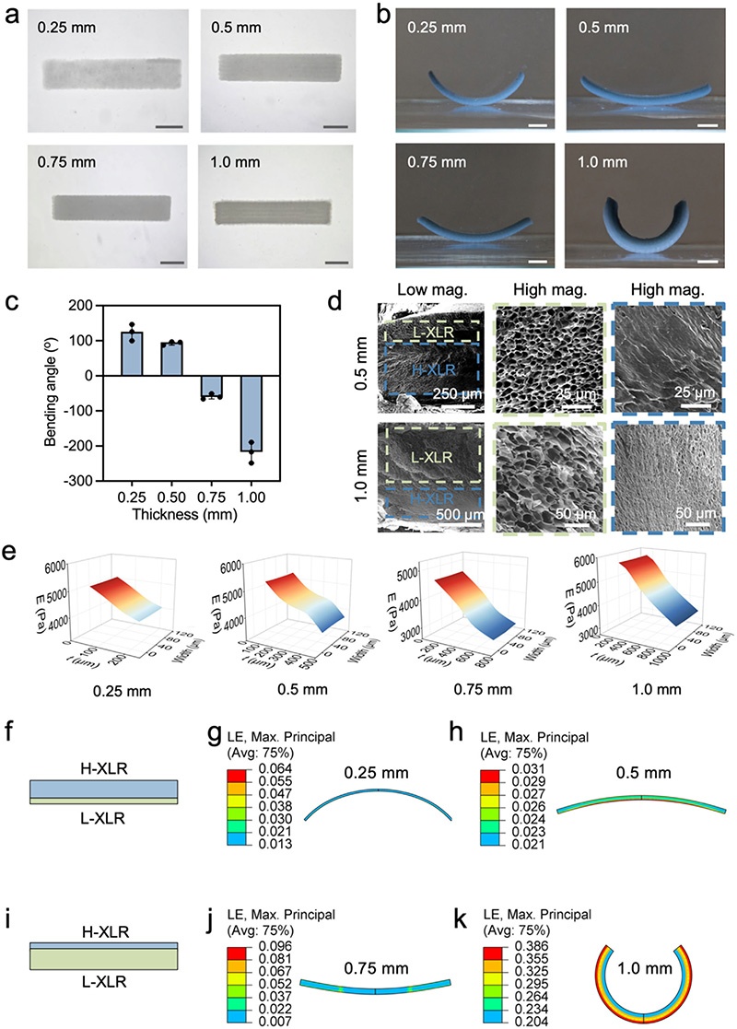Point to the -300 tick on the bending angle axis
pyautogui.click(x=73, y=481)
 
